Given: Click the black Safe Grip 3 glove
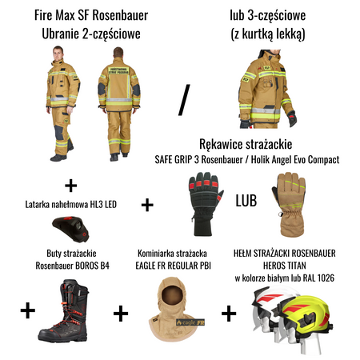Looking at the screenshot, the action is click(205, 204).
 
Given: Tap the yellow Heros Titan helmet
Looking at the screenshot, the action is click(306, 318).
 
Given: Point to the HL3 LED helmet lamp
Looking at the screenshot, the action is click(71, 229).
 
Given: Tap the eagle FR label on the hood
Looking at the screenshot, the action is click(190, 322).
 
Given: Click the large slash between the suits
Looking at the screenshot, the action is click(184, 100).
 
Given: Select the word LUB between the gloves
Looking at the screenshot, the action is click(246, 201).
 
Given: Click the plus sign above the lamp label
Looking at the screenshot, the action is click(71, 186).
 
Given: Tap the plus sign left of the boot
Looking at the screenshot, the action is click(28, 310).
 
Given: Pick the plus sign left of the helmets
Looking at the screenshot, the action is click(229, 314).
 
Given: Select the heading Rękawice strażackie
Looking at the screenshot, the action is click(246, 144).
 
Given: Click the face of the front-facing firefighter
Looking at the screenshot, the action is click(58, 54).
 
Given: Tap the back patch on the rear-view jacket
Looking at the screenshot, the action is click(118, 70).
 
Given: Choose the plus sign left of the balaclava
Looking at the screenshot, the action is click(121, 314).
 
